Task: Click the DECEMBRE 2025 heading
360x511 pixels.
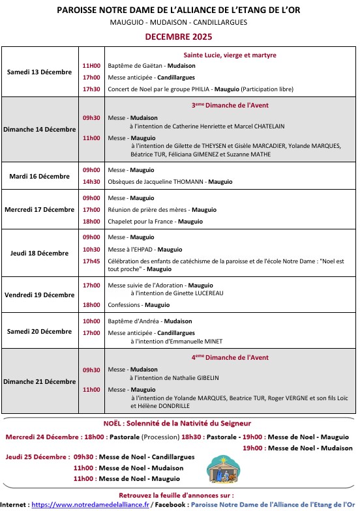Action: [179, 37]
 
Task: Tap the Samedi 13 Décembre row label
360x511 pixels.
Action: [39, 72]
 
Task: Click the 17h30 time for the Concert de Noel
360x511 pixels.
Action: [91, 89]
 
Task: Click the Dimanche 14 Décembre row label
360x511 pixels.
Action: [39, 129]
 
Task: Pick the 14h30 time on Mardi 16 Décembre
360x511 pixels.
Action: [91, 181]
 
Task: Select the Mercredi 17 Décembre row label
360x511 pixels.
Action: [39, 209]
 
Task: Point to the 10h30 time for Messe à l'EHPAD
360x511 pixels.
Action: [91, 249]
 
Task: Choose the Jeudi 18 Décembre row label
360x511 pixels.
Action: [39, 253]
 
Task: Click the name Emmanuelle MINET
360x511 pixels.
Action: [200, 341]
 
